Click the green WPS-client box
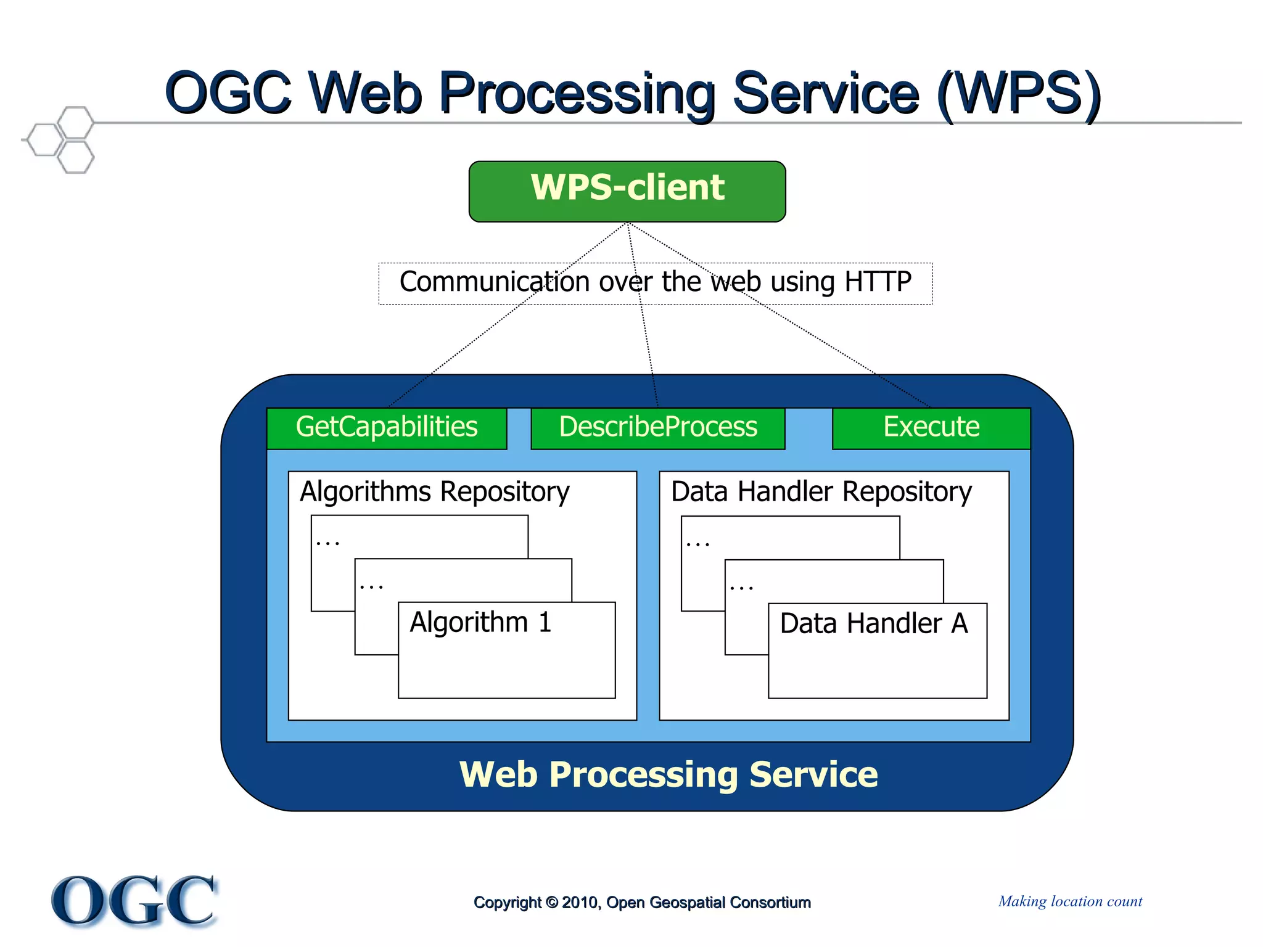tap(627, 191)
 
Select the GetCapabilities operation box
tap(387, 427)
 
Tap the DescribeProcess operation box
tap(657, 427)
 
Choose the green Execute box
tap(931, 427)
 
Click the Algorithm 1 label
tap(480, 622)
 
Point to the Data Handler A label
tap(873, 623)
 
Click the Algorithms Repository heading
tap(434, 492)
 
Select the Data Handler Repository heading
tap(821, 492)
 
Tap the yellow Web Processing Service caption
tap(669, 774)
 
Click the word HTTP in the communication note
tap(878, 282)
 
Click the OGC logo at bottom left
tap(134, 901)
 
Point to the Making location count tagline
tap(1070, 901)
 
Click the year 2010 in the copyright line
tap(580, 903)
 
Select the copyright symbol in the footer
tap(552, 903)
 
